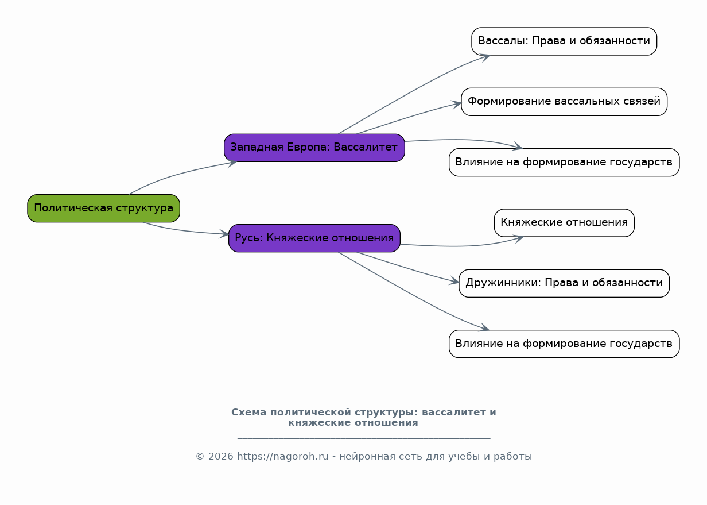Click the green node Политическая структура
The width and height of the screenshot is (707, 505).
point(103,208)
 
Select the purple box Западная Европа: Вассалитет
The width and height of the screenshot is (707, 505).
point(314,148)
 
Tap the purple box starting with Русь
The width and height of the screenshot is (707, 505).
point(314,238)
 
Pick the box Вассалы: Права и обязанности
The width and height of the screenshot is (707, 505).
point(564,41)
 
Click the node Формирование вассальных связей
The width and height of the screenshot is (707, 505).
point(564,102)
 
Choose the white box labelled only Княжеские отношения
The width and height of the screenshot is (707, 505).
point(564,222)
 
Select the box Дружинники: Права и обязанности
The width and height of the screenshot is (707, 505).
point(564,283)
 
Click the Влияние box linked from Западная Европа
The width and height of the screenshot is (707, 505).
point(564,162)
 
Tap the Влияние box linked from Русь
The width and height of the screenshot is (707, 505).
point(564,344)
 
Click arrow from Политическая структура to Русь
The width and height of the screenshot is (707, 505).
point(184,230)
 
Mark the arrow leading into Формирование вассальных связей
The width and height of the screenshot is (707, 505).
point(407,118)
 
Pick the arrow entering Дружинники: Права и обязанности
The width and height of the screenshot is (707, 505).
point(407,268)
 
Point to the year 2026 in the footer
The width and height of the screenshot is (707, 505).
point(220,457)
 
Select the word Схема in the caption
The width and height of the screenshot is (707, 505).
point(248,413)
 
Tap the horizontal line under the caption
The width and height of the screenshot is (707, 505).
point(363,438)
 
